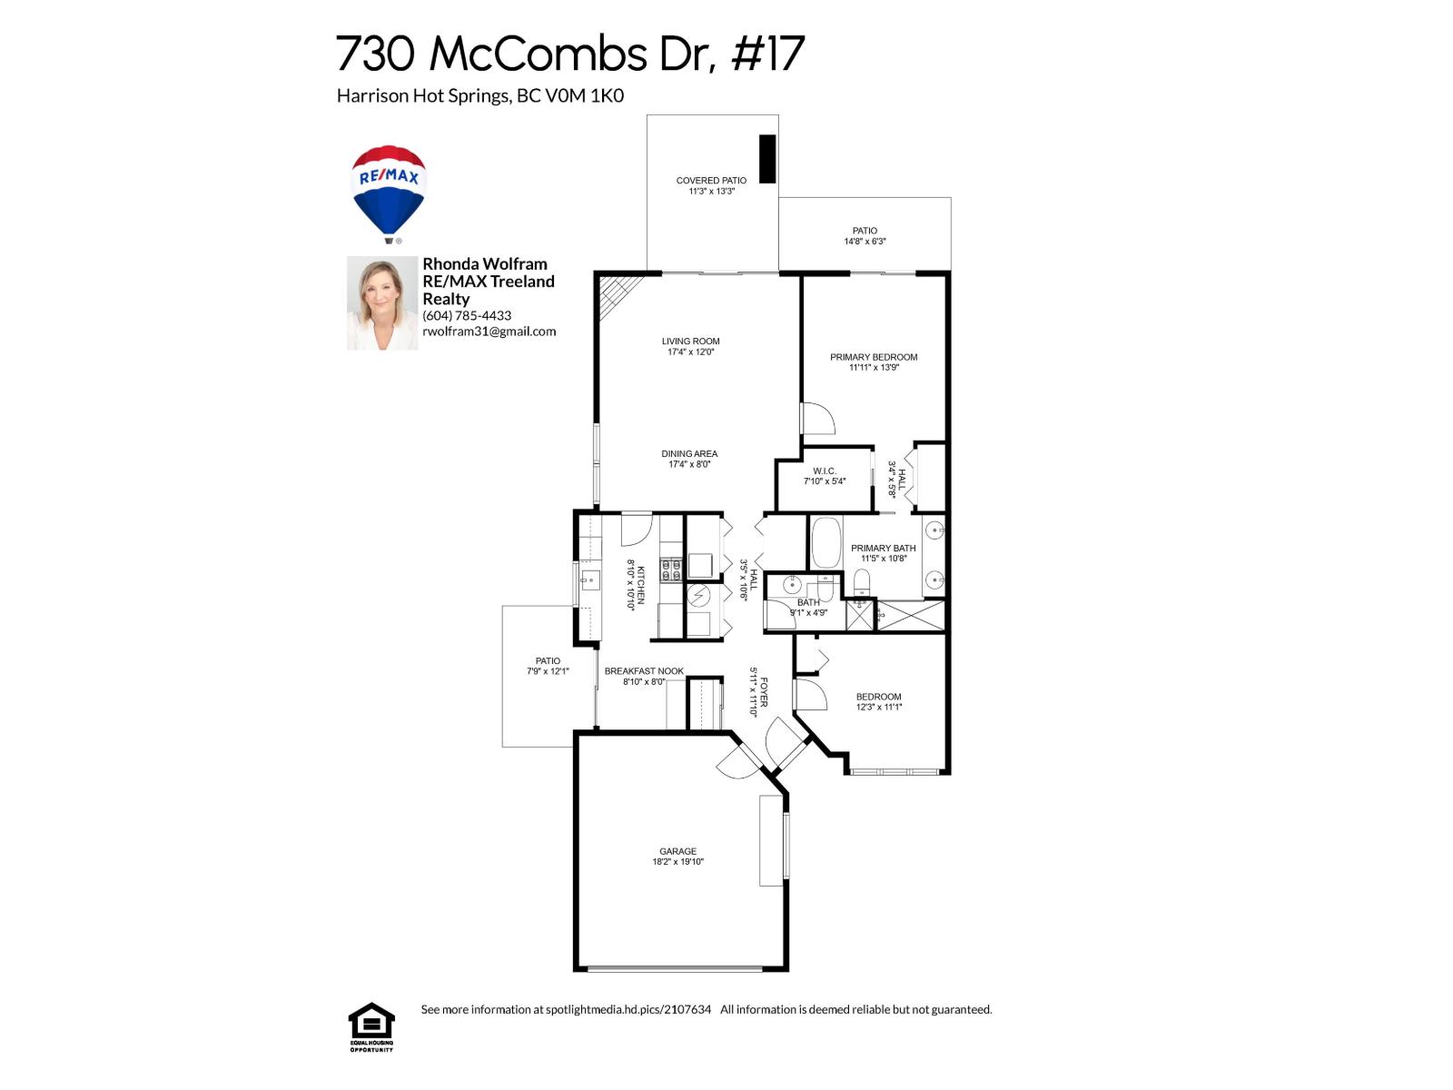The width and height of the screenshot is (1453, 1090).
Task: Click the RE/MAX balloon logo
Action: pyautogui.click(x=389, y=193)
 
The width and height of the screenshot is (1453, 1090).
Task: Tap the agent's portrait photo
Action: pyautogui.click(x=382, y=302)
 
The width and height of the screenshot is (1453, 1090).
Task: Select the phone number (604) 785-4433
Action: pyautogui.click(x=467, y=315)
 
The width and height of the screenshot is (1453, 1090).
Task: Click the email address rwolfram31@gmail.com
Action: pyautogui.click(x=489, y=332)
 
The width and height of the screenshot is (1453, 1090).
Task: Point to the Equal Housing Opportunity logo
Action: pyautogui.click(x=371, y=1026)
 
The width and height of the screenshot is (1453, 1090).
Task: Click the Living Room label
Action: pyautogui.click(x=690, y=342)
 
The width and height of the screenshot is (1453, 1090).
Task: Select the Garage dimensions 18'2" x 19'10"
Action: pyautogui.click(x=677, y=862)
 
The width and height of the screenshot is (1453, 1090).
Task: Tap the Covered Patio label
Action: pyautogui.click(x=711, y=181)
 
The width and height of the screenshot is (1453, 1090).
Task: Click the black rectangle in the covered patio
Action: pyautogui.click(x=767, y=159)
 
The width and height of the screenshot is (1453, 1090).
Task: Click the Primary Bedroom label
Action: pyautogui.click(x=874, y=357)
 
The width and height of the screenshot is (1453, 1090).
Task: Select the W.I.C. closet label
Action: pyautogui.click(x=825, y=471)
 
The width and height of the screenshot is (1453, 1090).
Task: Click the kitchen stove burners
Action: pyautogui.click(x=671, y=570)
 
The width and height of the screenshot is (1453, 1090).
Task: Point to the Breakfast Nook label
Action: pyautogui.click(x=644, y=671)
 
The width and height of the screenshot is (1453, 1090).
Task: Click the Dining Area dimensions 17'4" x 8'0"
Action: pyautogui.click(x=689, y=464)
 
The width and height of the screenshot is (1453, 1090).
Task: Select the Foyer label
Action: pyautogui.click(x=764, y=692)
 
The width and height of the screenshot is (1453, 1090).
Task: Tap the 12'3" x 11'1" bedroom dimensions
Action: pyautogui.click(x=879, y=707)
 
